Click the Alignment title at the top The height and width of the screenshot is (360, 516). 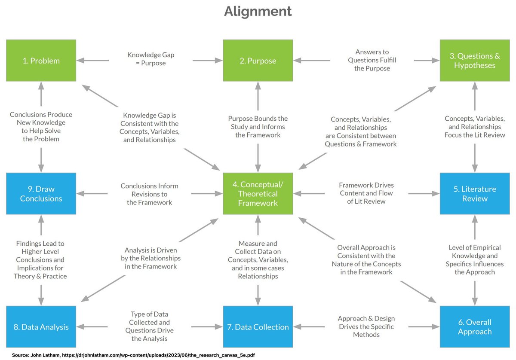(x=258, y=11)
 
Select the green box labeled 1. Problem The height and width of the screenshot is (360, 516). (x=41, y=61)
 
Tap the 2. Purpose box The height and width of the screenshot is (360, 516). (x=258, y=61)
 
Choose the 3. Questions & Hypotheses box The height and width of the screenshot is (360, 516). (x=474, y=61)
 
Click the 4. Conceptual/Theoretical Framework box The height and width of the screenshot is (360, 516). (x=258, y=194)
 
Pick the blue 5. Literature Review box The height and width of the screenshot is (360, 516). (x=474, y=194)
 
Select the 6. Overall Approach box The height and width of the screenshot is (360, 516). (x=474, y=327)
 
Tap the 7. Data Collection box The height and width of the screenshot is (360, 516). (x=258, y=327)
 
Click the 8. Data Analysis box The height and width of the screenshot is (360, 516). (x=41, y=327)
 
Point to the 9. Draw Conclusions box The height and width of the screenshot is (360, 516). (x=41, y=194)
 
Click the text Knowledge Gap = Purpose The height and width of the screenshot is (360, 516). (x=150, y=59)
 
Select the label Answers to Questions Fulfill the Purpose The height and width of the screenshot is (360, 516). (x=372, y=60)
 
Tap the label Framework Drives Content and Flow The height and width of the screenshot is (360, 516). (x=366, y=193)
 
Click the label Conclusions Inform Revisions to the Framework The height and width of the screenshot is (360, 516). (x=149, y=194)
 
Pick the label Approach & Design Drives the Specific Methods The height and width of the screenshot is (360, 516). (x=366, y=326)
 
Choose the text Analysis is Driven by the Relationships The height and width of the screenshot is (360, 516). (x=150, y=258)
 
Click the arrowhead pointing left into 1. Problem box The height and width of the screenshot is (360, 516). (x=80, y=61)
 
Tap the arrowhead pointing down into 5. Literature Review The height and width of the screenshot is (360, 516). (x=475, y=169)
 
